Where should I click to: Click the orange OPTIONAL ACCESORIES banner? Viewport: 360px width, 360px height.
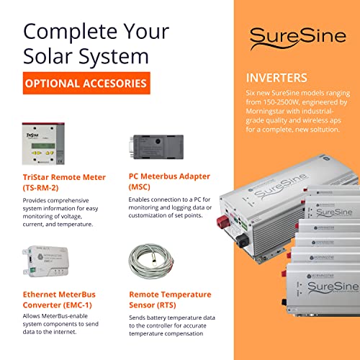[x=86, y=84]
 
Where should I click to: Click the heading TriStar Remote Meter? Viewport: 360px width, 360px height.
[x=64, y=176]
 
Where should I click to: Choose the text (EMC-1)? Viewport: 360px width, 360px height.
[x=87, y=305]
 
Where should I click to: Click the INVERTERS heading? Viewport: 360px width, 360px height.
[x=277, y=77]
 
